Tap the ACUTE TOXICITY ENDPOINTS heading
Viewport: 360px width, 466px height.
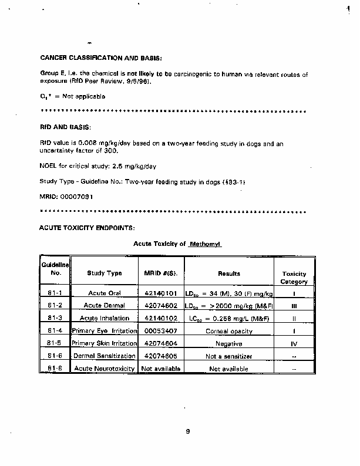tap(88, 226)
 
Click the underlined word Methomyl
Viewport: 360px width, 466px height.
tap(206, 243)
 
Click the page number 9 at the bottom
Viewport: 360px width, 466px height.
tap(187, 432)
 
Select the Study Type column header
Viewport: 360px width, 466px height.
tap(105, 273)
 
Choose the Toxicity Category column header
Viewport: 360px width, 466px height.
tap(294, 278)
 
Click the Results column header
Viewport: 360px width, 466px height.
tap(229, 273)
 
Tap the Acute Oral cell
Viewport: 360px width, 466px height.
tap(105, 293)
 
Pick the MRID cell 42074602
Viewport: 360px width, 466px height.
tap(161, 306)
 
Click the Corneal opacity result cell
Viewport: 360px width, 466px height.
tap(229, 331)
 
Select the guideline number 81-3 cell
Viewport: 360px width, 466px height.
tap(56, 318)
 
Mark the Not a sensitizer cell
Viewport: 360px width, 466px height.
tap(229, 356)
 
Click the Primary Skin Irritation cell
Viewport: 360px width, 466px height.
tap(104, 343)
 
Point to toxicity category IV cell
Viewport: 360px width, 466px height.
tap(294, 344)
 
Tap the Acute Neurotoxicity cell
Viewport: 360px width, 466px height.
tap(105, 369)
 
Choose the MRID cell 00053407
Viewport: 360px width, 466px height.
tap(161, 331)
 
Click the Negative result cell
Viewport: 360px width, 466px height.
tap(229, 344)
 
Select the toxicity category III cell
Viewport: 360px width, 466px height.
tap(294, 306)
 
